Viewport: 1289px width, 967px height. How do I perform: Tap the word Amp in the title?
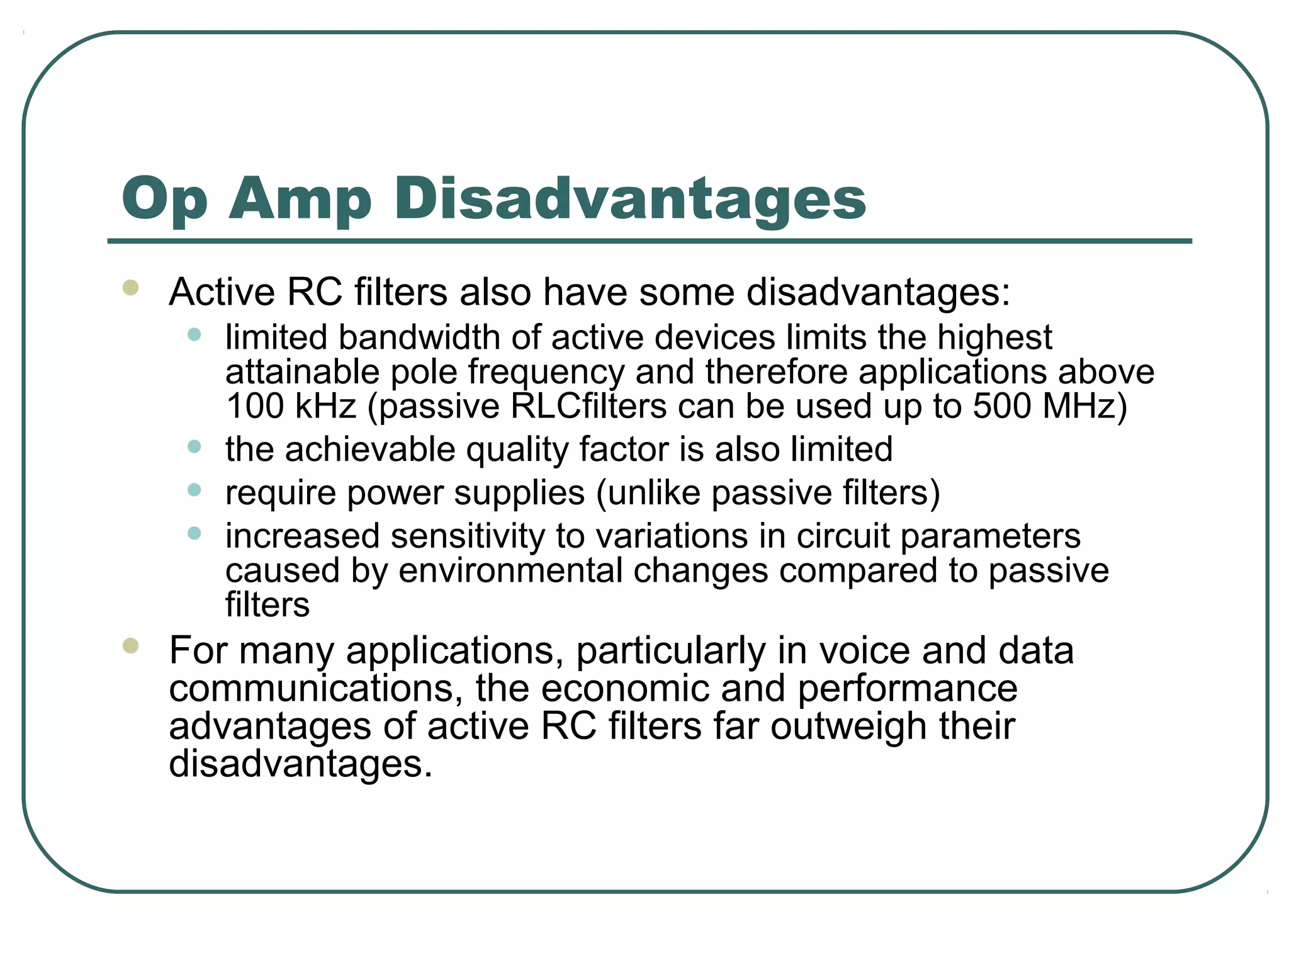(300, 200)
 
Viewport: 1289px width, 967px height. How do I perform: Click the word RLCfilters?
(588, 406)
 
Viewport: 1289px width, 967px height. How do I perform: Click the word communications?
(311, 688)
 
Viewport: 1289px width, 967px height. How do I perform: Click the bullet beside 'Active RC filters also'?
(131, 288)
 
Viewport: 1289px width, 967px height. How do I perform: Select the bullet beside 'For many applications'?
(131, 646)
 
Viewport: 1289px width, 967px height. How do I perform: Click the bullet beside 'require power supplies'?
(194, 490)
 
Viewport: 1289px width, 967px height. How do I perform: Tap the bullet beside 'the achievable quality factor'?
(194, 447)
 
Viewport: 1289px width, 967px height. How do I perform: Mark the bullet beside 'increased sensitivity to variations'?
(194, 533)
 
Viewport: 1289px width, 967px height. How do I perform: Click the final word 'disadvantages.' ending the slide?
(301, 764)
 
